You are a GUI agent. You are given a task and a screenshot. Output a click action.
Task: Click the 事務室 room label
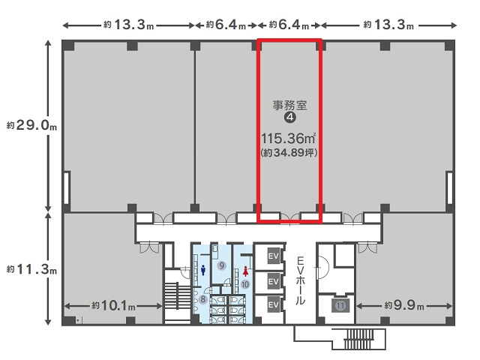pyautogui.click(x=289, y=105)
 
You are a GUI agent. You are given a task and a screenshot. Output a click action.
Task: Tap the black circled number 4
pyautogui.click(x=290, y=117)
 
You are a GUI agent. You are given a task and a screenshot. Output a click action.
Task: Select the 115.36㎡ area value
pyautogui.click(x=288, y=139)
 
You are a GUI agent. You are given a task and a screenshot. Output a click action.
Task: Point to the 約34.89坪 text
pyautogui.click(x=289, y=152)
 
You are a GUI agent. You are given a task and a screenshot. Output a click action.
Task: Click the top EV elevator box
pyautogui.click(x=273, y=256)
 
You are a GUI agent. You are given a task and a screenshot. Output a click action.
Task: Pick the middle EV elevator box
pyautogui.click(x=273, y=280)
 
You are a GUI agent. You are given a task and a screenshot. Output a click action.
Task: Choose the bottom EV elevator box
pyautogui.click(x=273, y=304)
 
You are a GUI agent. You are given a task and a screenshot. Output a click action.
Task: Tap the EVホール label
pyautogui.click(x=300, y=281)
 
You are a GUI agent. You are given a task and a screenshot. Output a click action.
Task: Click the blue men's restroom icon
pyautogui.click(x=203, y=270)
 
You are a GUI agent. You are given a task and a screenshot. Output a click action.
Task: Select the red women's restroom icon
pyautogui.click(x=245, y=271)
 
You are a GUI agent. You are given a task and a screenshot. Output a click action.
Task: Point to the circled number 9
pyautogui.click(x=221, y=265)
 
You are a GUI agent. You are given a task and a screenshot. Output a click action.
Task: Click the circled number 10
pyautogui.click(x=245, y=284)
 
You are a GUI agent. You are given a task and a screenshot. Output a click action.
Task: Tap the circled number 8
pyautogui.click(x=203, y=299)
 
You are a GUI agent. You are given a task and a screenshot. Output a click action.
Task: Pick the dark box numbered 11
pyautogui.click(x=340, y=305)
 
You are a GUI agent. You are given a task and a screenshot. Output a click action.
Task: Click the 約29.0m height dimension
pyautogui.click(x=31, y=125)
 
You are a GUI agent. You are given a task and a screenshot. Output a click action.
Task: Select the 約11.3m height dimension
pyautogui.click(x=31, y=269)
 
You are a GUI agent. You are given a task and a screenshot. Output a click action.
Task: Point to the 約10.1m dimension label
pyautogui.click(x=113, y=305)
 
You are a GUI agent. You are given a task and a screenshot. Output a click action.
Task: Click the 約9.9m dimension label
pyautogui.click(x=404, y=305)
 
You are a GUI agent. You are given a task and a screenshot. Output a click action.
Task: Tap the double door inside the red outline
pyautogui.click(x=290, y=218)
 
